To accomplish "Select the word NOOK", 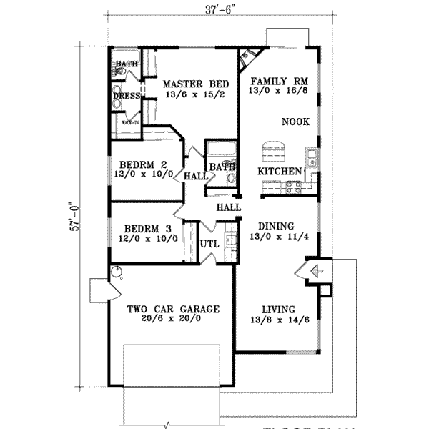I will click(295, 122).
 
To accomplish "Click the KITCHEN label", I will click(279, 172).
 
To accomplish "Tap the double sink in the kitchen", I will click(312, 157).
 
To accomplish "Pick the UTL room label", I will click(208, 244).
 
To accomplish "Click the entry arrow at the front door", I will click(312, 270).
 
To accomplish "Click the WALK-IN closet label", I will click(129, 122).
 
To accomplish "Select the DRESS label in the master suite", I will click(126, 94).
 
